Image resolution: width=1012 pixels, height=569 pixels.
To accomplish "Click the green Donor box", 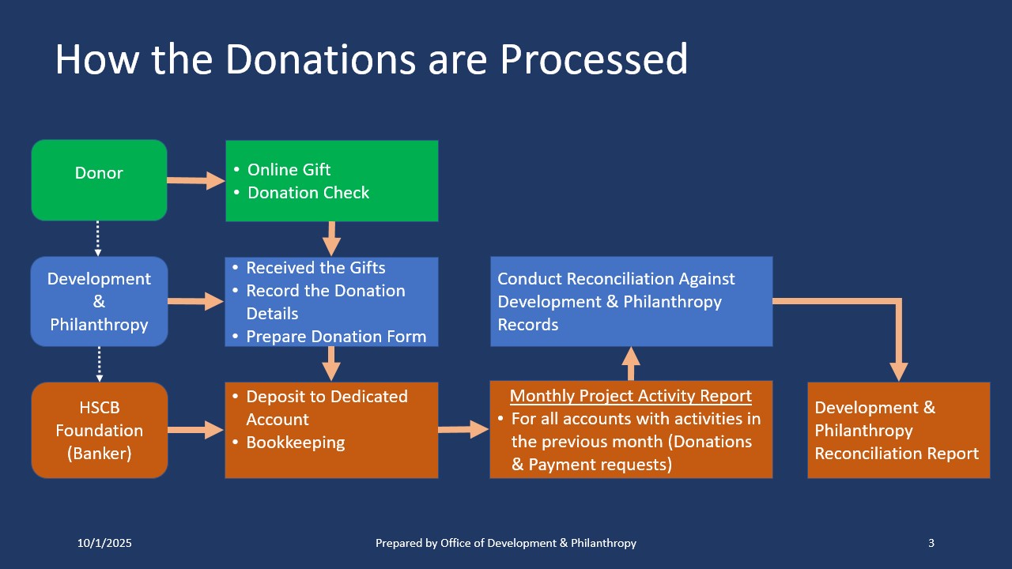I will [x=99, y=180].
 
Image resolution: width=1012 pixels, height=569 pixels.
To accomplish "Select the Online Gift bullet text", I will [x=289, y=170].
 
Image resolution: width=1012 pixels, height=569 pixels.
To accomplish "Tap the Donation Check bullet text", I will [x=308, y=193].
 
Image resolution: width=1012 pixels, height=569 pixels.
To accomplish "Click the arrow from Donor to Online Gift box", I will [x=196, y=181].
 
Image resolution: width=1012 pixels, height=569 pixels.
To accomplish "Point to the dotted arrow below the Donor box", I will [x=98, y=239].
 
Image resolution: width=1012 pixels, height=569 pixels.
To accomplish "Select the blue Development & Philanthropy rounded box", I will [x=99, y=301].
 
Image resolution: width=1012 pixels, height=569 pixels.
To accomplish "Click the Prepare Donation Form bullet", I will [x=336, y=337].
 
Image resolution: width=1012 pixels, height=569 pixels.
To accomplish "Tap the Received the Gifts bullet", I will [x=315, y=268].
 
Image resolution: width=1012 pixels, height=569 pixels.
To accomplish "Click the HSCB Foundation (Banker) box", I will [x=99, y=430].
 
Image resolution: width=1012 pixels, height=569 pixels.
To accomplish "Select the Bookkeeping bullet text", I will [x=295, y=443].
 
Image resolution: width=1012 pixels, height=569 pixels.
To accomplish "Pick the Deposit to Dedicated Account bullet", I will [x=326, y=408].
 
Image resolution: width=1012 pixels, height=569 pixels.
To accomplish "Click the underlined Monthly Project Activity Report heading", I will [x=630, y=396].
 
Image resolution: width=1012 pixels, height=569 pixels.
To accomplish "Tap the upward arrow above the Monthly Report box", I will [x=630, y=364].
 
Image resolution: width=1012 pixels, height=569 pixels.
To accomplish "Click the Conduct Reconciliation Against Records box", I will [x=631, y=301].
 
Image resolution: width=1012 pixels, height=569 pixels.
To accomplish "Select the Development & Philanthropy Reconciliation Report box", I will [x=898, y=431].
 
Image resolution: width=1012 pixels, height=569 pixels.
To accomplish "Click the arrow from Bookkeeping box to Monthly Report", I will [x=463, y=430].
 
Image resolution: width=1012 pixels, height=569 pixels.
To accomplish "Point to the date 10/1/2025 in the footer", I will [x=104, y=543].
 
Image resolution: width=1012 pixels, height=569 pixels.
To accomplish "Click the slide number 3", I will [x=931, y=543].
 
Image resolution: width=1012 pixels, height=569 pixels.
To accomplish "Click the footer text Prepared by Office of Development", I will [x=505, y=543].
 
